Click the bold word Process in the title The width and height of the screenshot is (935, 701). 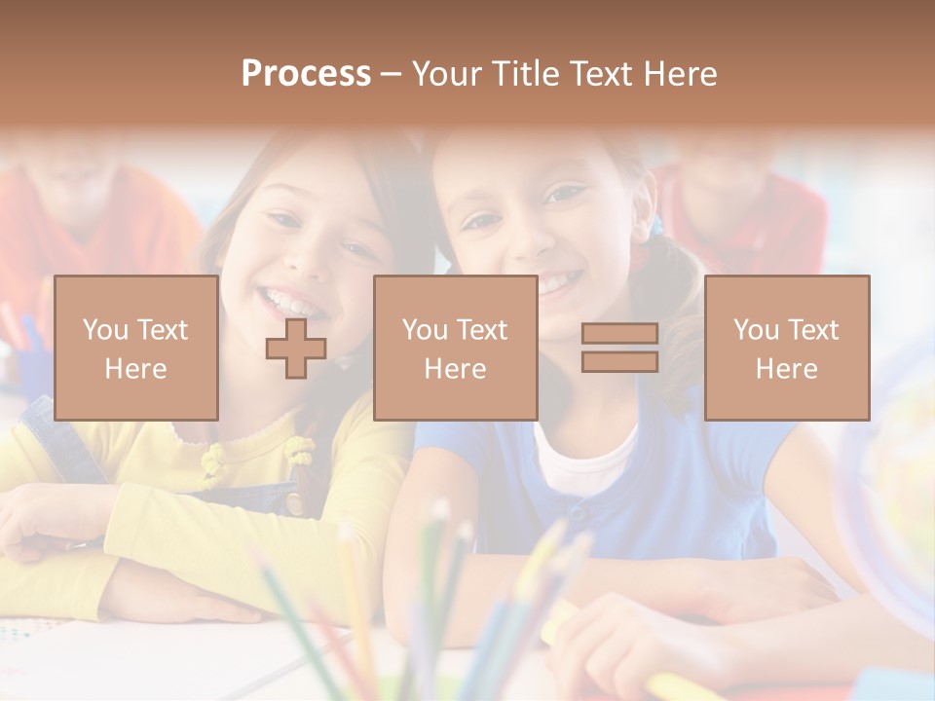pyautogui.click(x=306, y=74)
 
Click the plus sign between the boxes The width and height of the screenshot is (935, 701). pyautogui.click(x=296, y=348)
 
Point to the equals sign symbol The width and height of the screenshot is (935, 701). pyautogui.click(x=619, y=348)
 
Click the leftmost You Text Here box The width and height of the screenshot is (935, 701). pyautogui.click(x=135, y=348)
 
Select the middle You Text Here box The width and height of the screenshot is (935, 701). pyautogui.click(x=455, y=348)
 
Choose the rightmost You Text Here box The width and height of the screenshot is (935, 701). pyautogui.click(x=786, y=348)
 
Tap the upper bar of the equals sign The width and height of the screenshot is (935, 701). pyautogui.click(x=619, y=334)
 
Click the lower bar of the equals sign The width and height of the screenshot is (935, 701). pyautogui.click(x=619, y=361)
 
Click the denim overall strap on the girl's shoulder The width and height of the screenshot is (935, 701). pyautogui.click(x=58, y=438)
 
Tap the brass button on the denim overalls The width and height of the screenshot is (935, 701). pyautogui.click(x=293, y=503)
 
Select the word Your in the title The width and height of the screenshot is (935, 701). pyautogui.click(x=448, y=74)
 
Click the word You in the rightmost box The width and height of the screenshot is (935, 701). pyautogui.click(x=756, y=330)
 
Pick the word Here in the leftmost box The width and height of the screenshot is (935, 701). pyautogui.click(x=135, y=369)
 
